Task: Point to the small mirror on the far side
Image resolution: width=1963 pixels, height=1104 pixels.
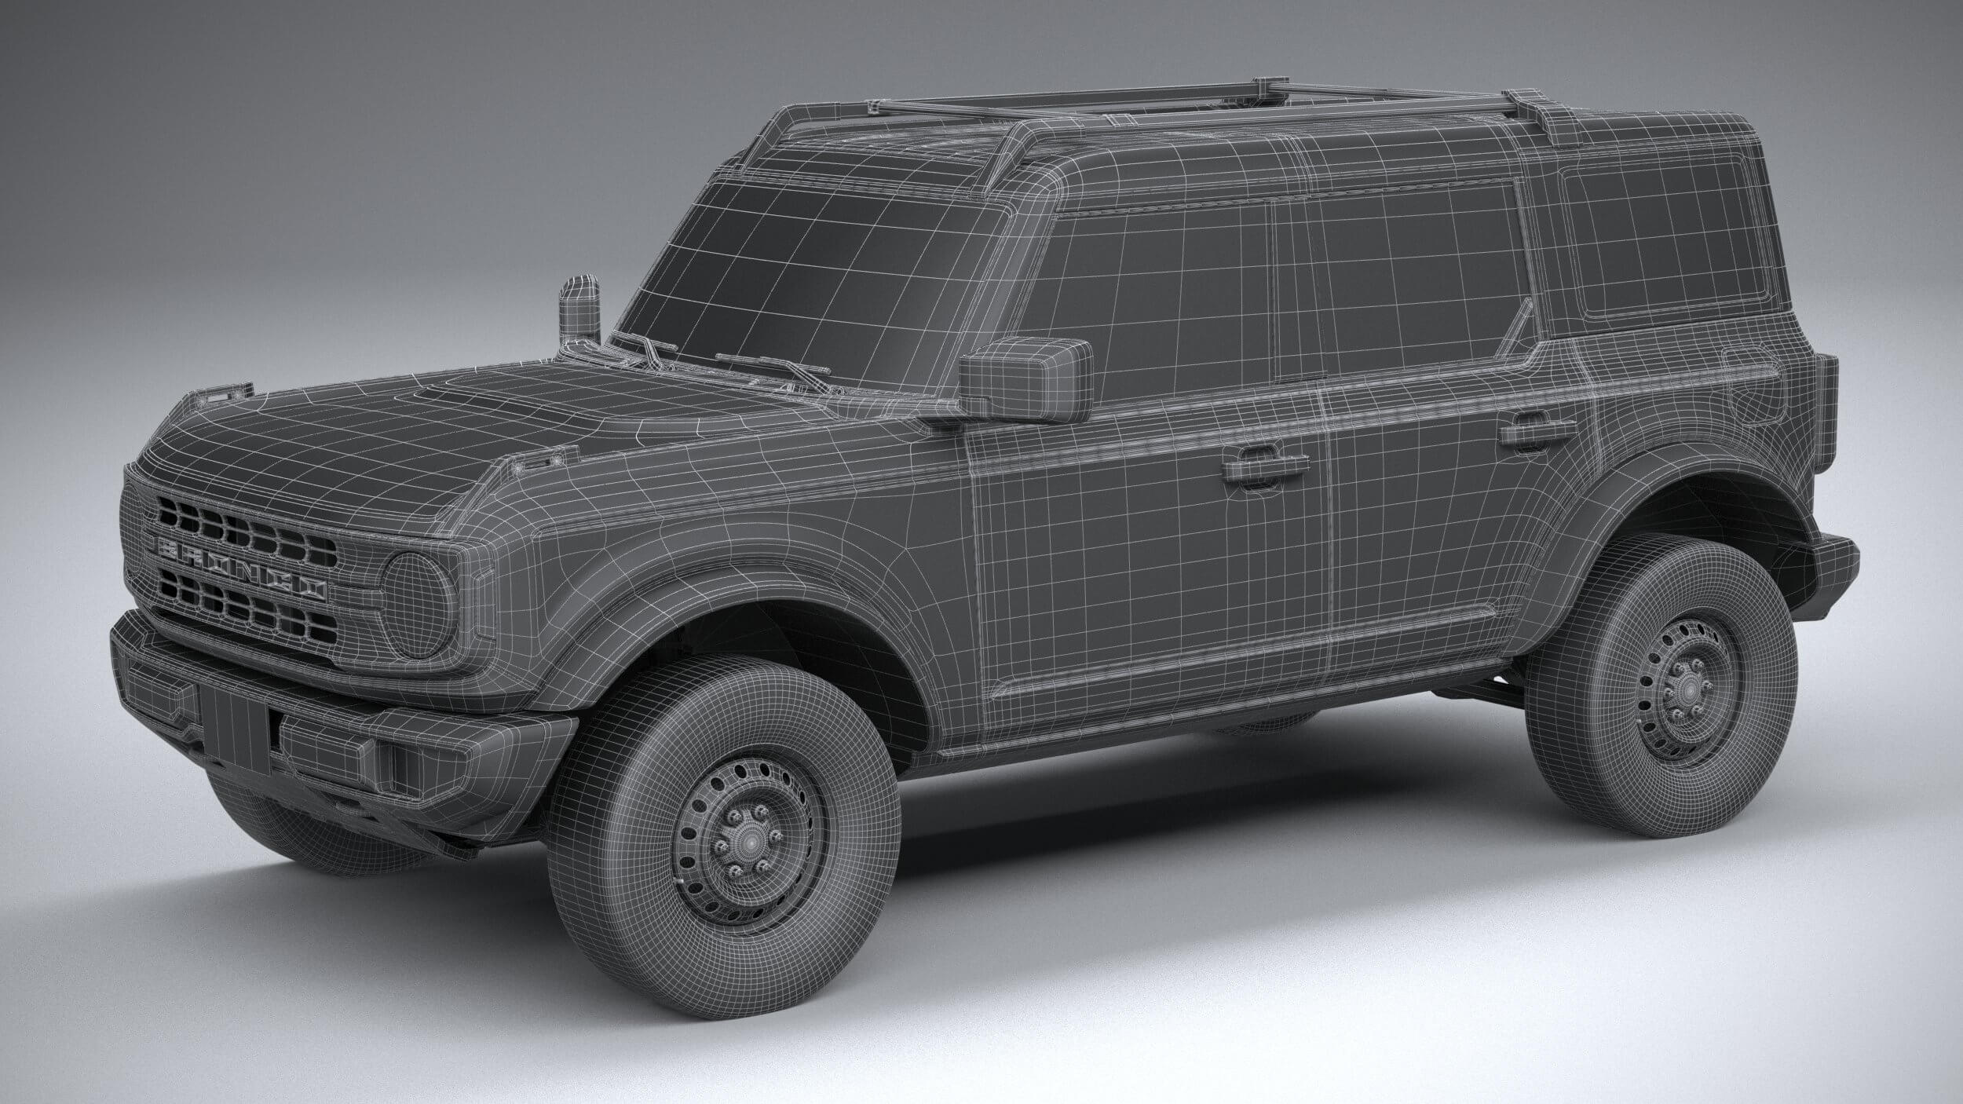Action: (578, 310)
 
